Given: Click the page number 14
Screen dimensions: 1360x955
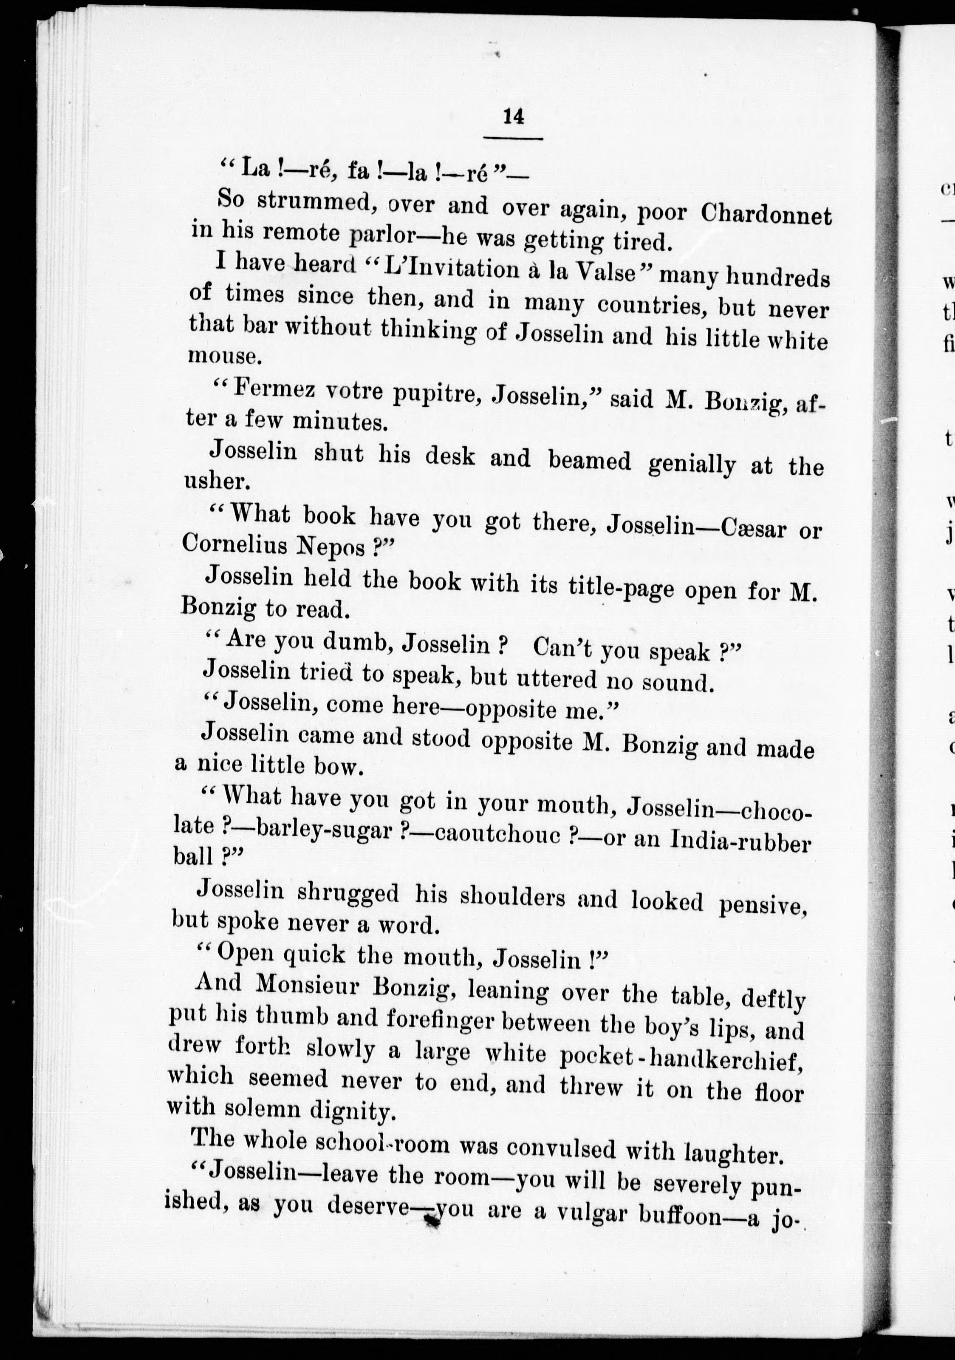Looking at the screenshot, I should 513,117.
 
